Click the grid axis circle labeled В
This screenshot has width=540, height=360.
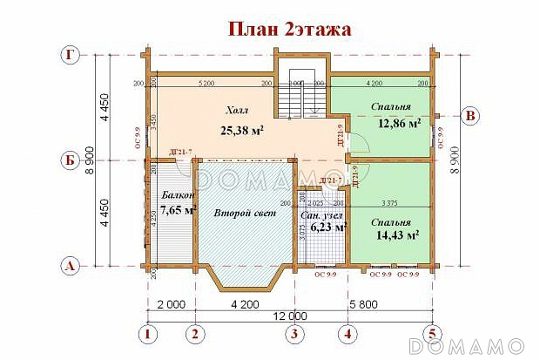coord(471,115)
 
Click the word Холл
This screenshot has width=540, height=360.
coord(237,111)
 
